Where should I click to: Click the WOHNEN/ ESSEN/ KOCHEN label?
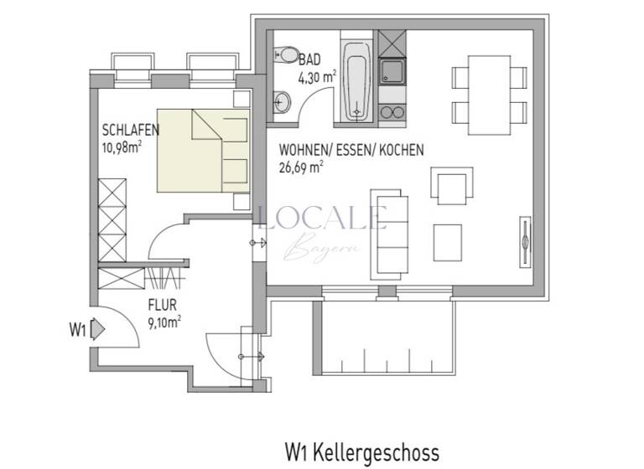tap(351, 150)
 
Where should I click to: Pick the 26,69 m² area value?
tap(301, 166)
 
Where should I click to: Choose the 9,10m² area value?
tap(165, 320)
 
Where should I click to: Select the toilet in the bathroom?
tap(286, 55)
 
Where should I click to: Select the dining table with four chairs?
tap(489, 88)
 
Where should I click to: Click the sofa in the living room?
tap(391, 232)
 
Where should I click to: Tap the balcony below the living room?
tap(387, 335)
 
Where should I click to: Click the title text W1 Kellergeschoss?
tap(361, 452)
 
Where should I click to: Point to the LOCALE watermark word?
tap(323, 218)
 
